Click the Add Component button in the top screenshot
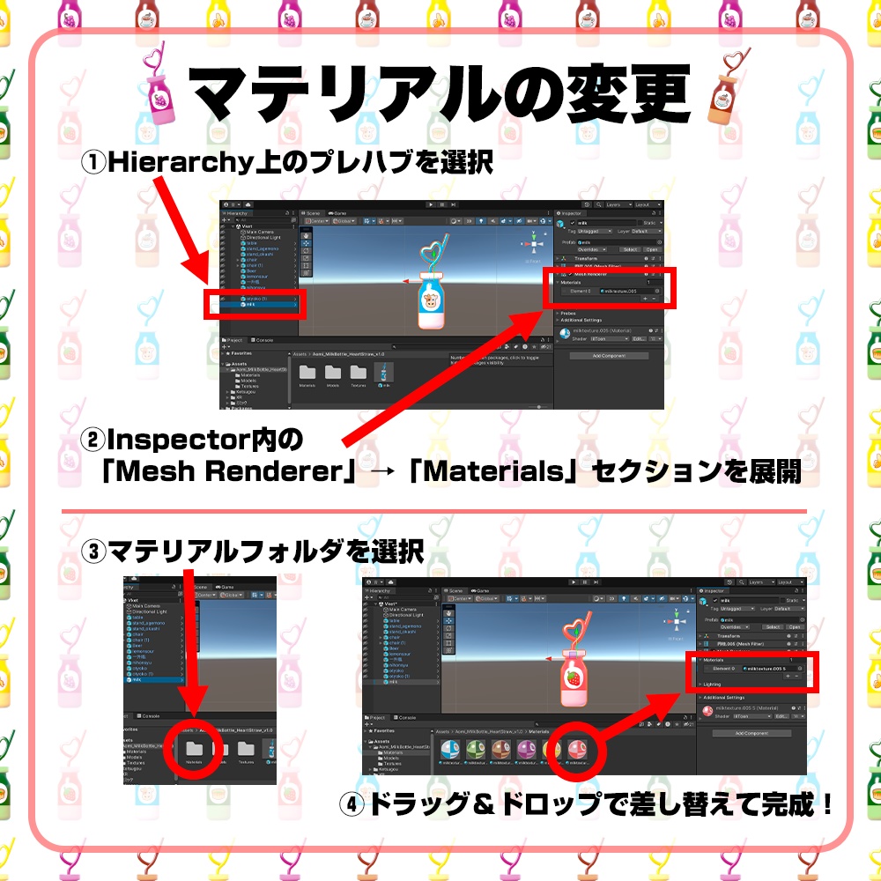pyautogui.click(x=608, y=356)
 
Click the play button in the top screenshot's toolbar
pyautogui.click(x=430, y=204)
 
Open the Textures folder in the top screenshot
pyautogui.click(x=359, y=373)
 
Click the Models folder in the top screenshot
pyautogui.click(x=333, y=373)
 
